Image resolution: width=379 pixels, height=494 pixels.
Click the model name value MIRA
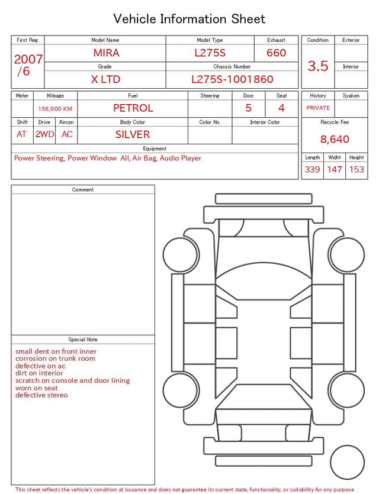point(106,53)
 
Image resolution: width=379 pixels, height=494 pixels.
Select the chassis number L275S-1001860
point(232,79)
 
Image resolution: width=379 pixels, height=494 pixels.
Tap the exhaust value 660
point(276,53)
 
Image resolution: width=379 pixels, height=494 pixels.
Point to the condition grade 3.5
point(318,66)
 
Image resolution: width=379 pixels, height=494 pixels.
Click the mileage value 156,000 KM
point(55,109)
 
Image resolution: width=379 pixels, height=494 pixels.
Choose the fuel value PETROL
point(133,108)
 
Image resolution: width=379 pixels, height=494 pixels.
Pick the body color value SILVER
point(133,134)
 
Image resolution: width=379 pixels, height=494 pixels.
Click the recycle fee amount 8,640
point(335,140)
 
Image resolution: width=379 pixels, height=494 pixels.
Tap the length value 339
point(312,170)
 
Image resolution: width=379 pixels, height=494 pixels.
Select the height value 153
point(356,170)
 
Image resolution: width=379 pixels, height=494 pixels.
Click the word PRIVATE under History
point(318,108)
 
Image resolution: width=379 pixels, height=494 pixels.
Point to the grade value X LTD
point(105,79)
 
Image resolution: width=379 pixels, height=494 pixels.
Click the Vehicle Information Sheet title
point(189,19)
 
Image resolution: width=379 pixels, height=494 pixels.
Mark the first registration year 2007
point(28,59)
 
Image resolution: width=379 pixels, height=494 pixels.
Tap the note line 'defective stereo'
point(41,395)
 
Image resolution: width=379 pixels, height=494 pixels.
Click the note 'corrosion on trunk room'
point(55,359)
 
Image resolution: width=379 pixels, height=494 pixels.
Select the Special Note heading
point(83,340)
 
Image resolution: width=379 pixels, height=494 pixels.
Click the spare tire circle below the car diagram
point(347,462)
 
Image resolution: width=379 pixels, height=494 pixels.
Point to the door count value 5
point(249,108)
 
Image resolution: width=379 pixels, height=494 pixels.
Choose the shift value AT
point(22,134)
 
